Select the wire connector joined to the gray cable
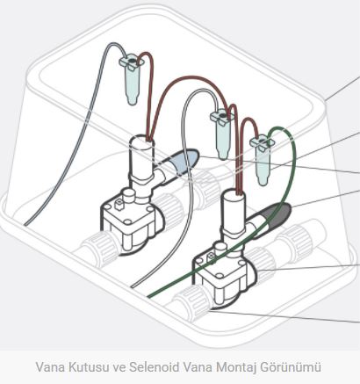132,78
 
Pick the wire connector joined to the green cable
262,160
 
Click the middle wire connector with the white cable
223,134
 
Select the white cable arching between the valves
184,176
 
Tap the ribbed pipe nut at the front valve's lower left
191,301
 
